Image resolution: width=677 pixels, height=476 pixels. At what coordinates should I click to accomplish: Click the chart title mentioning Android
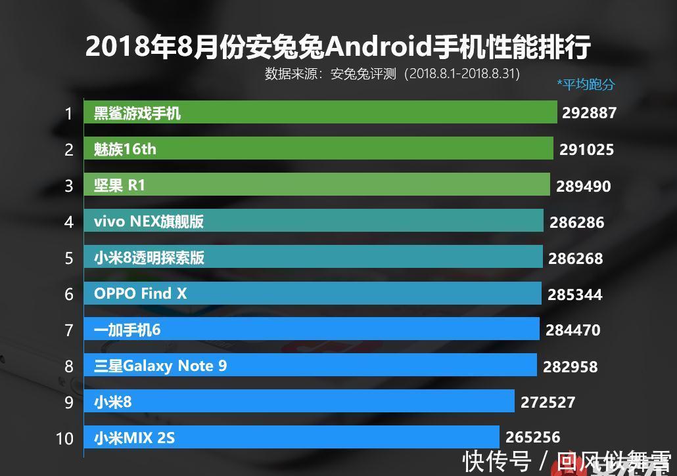(338, 47)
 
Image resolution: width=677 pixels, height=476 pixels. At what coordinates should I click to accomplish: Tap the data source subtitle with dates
(392, 74)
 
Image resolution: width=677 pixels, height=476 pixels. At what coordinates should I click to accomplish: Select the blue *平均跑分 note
(586, 84)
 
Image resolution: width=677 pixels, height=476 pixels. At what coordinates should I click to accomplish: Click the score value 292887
(589, 113)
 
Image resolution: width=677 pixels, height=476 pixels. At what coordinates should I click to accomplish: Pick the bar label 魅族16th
(125, 149)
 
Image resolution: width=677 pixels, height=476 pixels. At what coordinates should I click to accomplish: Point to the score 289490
(583, 186)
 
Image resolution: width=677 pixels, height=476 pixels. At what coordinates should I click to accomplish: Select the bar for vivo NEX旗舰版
(314, 221)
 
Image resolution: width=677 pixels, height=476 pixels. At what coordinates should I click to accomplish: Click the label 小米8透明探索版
(149, 257)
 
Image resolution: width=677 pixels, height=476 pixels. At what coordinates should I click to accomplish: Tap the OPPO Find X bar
(312, 293)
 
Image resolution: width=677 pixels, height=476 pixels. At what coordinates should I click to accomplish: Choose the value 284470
(572, 330)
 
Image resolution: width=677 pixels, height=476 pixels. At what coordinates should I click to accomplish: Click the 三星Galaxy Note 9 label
(160, 366)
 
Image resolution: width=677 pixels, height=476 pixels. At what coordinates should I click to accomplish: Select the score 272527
(548, 402)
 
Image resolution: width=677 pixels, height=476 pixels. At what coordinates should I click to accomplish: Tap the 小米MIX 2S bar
(291, 437)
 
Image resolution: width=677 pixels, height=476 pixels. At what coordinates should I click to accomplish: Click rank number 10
(64, 438)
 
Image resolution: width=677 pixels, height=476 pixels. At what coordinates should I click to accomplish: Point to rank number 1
(68, 114)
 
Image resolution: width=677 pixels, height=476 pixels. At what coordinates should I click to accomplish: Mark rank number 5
(68, 258)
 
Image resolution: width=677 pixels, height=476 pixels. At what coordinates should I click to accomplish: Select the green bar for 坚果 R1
(317, 185)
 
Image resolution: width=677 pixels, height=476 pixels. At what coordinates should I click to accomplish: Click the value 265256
(532, 437)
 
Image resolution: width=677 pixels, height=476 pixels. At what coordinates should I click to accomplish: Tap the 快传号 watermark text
(497, 462)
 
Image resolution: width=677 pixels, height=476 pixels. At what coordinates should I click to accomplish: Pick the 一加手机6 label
(127, 330)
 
